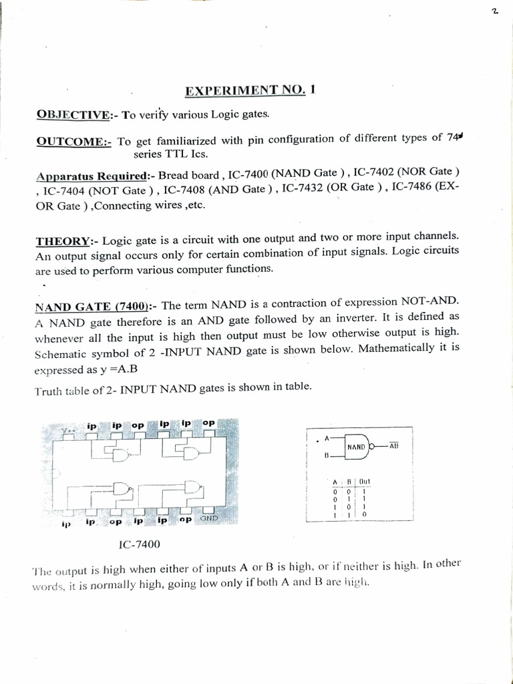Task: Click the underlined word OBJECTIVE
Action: (x=73, y=114)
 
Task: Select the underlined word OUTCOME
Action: (x=73, y=141)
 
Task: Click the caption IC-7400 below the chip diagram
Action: (x=141, y=544)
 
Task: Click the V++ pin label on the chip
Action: (x=69, y=431)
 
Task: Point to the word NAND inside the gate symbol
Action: (x=355, y=446)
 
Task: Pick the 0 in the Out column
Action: (x=364, y=515)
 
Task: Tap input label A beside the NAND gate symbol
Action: (x=326, y=438)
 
